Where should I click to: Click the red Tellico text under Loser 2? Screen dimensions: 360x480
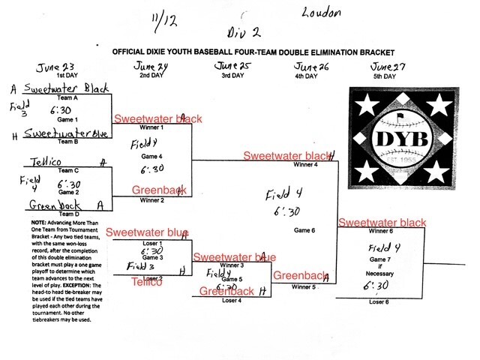[x=147, y=281]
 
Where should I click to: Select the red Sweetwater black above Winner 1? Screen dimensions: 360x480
[x=157, y=119]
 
